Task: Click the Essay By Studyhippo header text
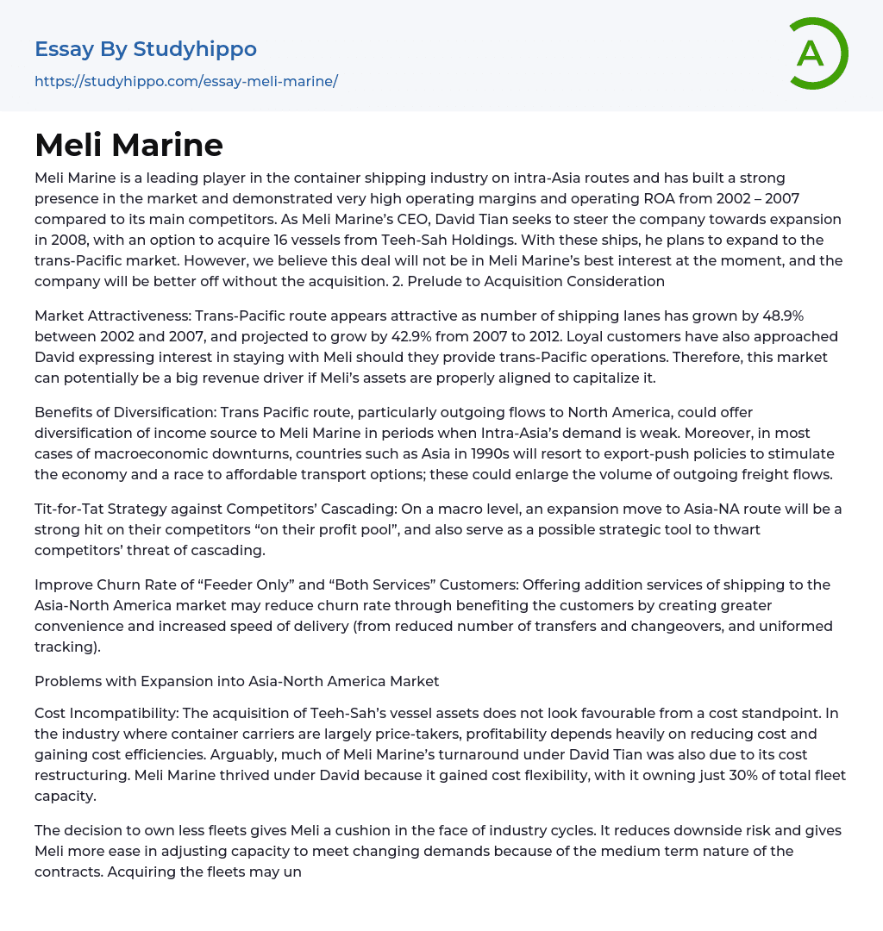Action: pyautogui.click(x=146, y=49)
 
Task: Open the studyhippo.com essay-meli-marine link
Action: pyautogui.click(x=186, y=81)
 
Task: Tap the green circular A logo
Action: pyautogui.click(x=814, y=53)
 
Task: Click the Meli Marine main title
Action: pyautogui.click(x=129, y=145)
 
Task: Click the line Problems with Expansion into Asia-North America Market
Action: pyautogui.click(x=237, y=681)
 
